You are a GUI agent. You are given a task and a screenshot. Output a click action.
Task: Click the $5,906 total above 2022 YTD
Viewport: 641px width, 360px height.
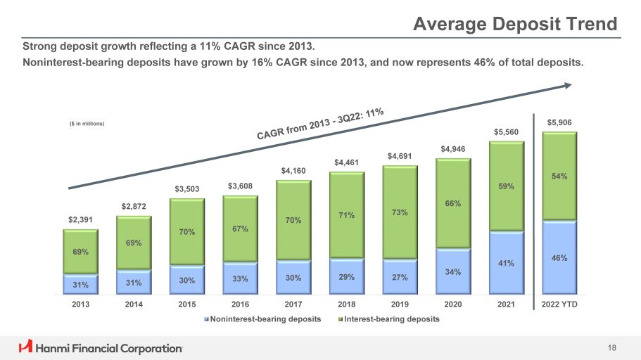pos(559,122)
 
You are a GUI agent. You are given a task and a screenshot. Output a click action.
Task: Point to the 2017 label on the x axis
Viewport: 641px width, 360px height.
pos(293,304)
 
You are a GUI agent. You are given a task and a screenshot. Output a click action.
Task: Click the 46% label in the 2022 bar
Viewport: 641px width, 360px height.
pos(559,258)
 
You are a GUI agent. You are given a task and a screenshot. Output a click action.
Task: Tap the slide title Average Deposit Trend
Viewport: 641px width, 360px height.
pos(515,25)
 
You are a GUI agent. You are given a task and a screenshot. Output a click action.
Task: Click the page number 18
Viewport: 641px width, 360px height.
pos(611,347)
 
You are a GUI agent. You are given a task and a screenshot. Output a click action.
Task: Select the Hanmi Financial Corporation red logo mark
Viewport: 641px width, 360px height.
pos(25,347)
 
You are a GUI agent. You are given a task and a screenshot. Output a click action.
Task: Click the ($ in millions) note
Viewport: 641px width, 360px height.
pos(87,124)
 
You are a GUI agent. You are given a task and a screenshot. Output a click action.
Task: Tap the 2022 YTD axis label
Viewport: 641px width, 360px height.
pos(559,304)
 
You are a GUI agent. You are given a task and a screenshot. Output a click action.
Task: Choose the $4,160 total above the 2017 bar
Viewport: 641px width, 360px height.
pos(293,170)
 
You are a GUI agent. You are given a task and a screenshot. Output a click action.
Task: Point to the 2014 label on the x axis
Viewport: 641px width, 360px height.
pos(134,304)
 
